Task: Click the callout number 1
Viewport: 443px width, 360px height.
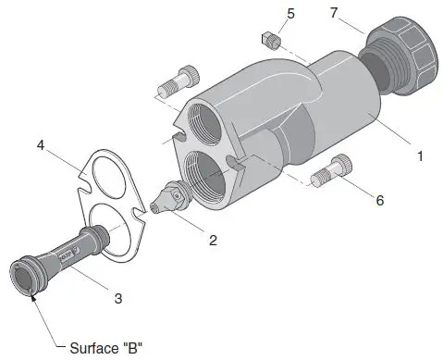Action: (x=420, y=156)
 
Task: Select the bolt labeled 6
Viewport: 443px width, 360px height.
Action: (x=331, y=170)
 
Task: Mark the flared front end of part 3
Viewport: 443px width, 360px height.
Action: (x=26, y=277)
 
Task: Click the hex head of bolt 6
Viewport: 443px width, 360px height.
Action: (x=344, y=164)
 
